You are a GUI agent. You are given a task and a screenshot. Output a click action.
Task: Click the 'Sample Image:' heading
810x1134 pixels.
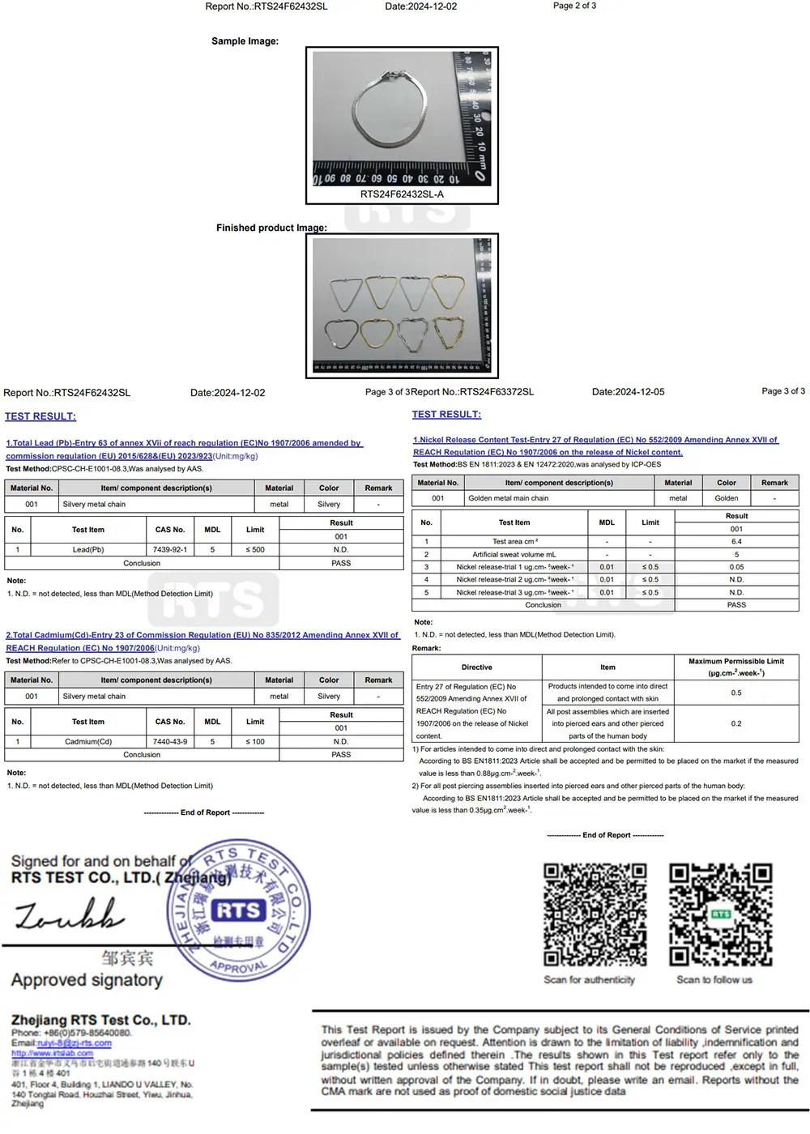coord(245,41)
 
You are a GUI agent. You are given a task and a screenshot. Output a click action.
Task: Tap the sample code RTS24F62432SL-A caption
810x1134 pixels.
coord(402,194)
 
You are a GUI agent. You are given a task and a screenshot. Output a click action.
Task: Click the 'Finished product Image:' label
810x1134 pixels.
coord(271,228)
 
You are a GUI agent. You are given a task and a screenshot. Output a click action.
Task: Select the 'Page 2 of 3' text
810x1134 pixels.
coord(574,6)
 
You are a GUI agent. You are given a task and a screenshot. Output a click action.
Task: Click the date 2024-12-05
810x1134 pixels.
coord(628,392)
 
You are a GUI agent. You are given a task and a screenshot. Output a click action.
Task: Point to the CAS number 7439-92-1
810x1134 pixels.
coord(170,549)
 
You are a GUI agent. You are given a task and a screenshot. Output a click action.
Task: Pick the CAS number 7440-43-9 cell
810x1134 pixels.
coord(170,741)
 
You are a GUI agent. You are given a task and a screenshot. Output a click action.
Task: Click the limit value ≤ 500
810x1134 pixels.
coord(255,549)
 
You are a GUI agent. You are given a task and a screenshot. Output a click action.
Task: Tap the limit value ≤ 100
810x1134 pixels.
coord(255,741)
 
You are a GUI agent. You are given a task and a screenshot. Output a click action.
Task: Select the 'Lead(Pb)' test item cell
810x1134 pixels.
coord(88,549)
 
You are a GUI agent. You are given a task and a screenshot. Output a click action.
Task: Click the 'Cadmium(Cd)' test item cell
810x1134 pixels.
coord(88,741)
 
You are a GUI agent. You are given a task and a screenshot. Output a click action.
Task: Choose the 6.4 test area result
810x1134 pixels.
coord(736,542)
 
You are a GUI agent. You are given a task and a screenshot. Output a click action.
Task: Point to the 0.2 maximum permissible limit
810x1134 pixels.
coord(736,723)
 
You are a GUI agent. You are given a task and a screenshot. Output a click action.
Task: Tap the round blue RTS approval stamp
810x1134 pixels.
coord(238,912)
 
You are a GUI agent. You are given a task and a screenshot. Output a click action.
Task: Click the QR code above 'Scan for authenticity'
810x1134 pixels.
coord(595,914)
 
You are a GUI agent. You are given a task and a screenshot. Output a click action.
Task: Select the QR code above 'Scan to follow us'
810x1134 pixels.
coord(720,914)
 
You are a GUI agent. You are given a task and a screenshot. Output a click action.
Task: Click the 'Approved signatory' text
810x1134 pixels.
coord(87,980)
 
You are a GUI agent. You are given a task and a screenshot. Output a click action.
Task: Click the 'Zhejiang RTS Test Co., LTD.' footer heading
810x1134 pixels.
coord(101,1020)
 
